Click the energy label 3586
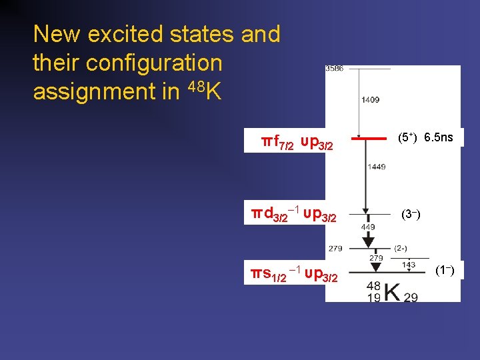pyautogui.click(x=335, y=69)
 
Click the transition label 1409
pyautogui.click(x=371, y=100)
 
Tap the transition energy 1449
pyautogui.click(x=376, y=167)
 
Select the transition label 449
pyautogui.click(x=368, y=227)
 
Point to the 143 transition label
pyautogui.click(x=409, y=265)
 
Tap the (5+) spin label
pyautogui.click(x=407, y=138)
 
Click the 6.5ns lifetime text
pyautogui.click(x=439, y=138)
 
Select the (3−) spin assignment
pyautogui.click(x=410, y=215)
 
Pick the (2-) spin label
pyautogui.click(x=401, y=248)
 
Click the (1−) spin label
pyautogui.click(x=445, y=270)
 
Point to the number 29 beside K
pyautogui.click(x=411, y=297)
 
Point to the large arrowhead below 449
pyautogui.click(x=368, y=242)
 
